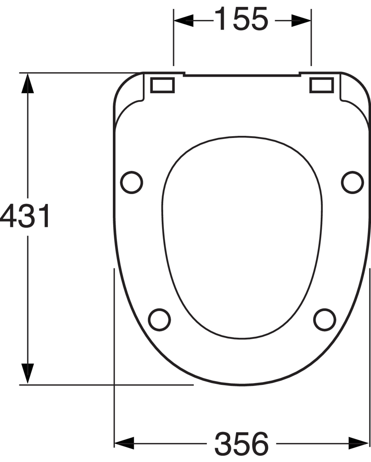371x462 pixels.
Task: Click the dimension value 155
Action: tap(241, 19)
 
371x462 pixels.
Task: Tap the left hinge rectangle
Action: tap(162, 85)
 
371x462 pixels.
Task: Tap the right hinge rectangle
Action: tap(322, 85)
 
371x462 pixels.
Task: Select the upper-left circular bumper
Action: tap(131, 183)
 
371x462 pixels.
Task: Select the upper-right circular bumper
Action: tap(352, 183)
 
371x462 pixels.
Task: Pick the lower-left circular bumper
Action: tap(159, 319)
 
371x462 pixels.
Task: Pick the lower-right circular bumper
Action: tap(324, 319)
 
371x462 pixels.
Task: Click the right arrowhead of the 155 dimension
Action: tap(301, 21)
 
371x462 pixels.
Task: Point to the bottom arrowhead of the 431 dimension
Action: tap(27, 374)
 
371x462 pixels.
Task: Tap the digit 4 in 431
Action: tap(8, 216)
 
